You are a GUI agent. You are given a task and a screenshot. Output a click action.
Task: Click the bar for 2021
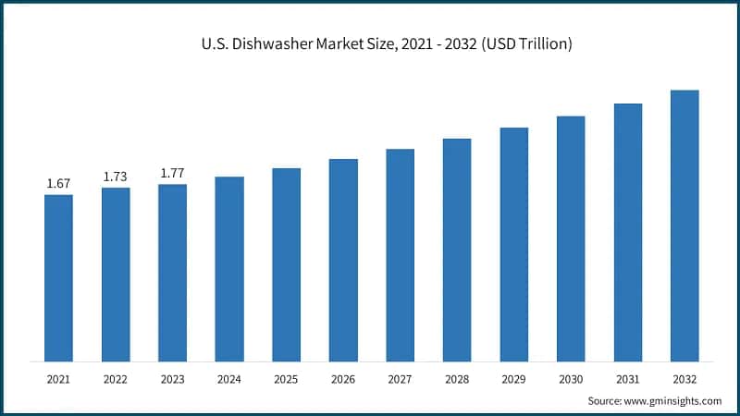click(x=58, y=277)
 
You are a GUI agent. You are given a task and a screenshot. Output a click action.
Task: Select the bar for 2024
click(x=229, y=268)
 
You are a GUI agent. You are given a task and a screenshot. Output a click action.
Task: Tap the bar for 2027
click(x=400, y=254)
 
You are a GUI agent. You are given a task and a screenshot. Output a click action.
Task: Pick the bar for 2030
click(x=571, y=239)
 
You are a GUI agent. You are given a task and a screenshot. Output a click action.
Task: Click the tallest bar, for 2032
click(x=684, y=226)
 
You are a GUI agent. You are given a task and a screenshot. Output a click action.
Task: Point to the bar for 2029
click(x=513, y=244)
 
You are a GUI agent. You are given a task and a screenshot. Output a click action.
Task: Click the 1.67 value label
click(x=58, y=184)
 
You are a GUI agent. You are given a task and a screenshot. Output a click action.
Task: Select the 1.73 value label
click(x=116, y=177)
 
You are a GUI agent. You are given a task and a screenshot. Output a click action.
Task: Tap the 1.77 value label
click(x=172, y=173)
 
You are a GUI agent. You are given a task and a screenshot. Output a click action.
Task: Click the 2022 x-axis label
click(x=116, y=378)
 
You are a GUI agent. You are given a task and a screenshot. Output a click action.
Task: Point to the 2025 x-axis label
click(x=286, y=378)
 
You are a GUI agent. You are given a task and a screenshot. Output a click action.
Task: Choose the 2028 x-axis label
click(x=457, y=378)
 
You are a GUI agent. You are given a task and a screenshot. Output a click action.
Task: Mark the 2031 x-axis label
click(x=627, y=378)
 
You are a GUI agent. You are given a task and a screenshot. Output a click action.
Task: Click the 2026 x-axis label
click(x=343, y=378)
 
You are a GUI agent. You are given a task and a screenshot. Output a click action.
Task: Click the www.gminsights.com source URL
click(x=674, y=400)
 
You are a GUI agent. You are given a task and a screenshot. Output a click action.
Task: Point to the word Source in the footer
click(x=606, y=400)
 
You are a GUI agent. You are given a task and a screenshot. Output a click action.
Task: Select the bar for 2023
click(x=172, y=273)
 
